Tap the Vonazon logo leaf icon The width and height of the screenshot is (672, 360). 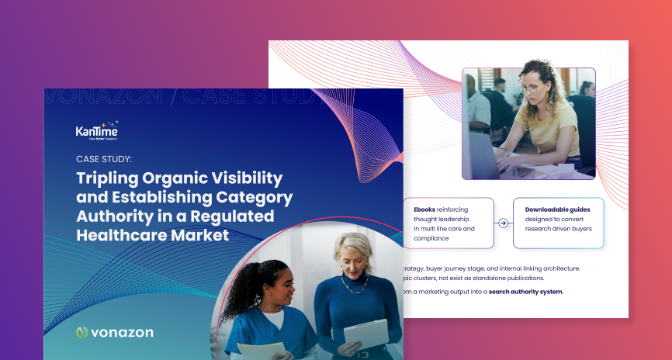click(x=82, y=333)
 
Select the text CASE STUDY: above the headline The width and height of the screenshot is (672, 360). click(x=104, y=158)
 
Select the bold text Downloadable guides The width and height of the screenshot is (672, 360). click(x=556, y=209)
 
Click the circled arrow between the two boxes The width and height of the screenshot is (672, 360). click(x=503, y=223)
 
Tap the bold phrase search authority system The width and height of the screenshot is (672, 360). click(x=525, y=292)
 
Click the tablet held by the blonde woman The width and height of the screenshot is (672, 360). click(x=365, y=334)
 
